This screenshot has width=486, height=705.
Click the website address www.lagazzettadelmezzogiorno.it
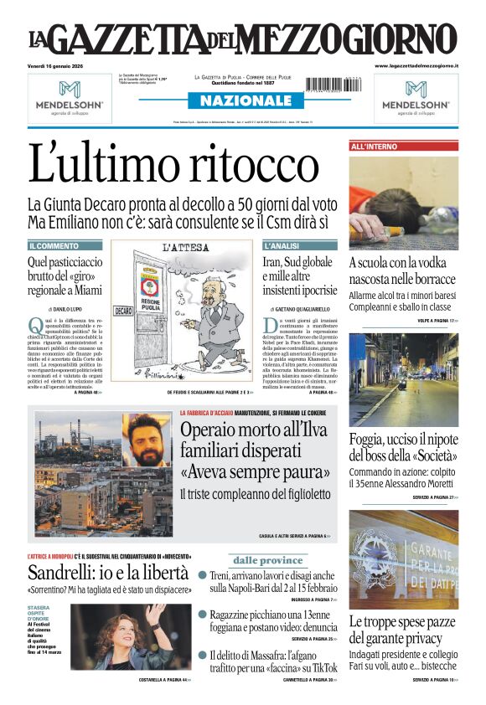coord(416,65)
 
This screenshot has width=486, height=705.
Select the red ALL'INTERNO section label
coord(375,147)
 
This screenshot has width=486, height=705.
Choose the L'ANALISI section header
coord(282,246)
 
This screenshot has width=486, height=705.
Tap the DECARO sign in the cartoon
coord(122,311)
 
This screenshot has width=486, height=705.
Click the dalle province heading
coord(267,560)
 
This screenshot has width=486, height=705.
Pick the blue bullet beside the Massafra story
coord(203,654)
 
